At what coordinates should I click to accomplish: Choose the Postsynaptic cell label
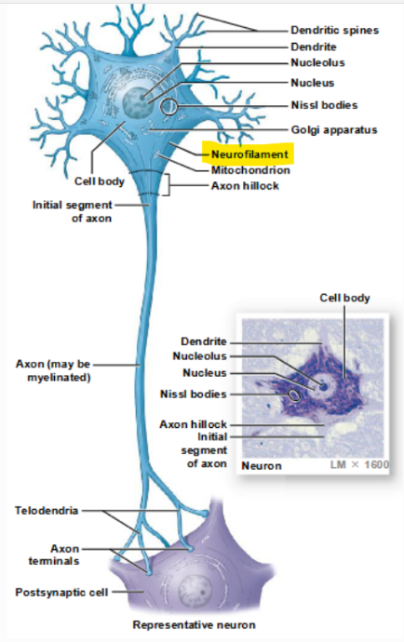point(55,592)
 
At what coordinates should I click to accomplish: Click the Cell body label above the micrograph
point(344,298)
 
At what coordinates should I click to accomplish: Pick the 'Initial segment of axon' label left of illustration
point(72,211)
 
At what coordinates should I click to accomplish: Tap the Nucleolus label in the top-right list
point(317,62)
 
